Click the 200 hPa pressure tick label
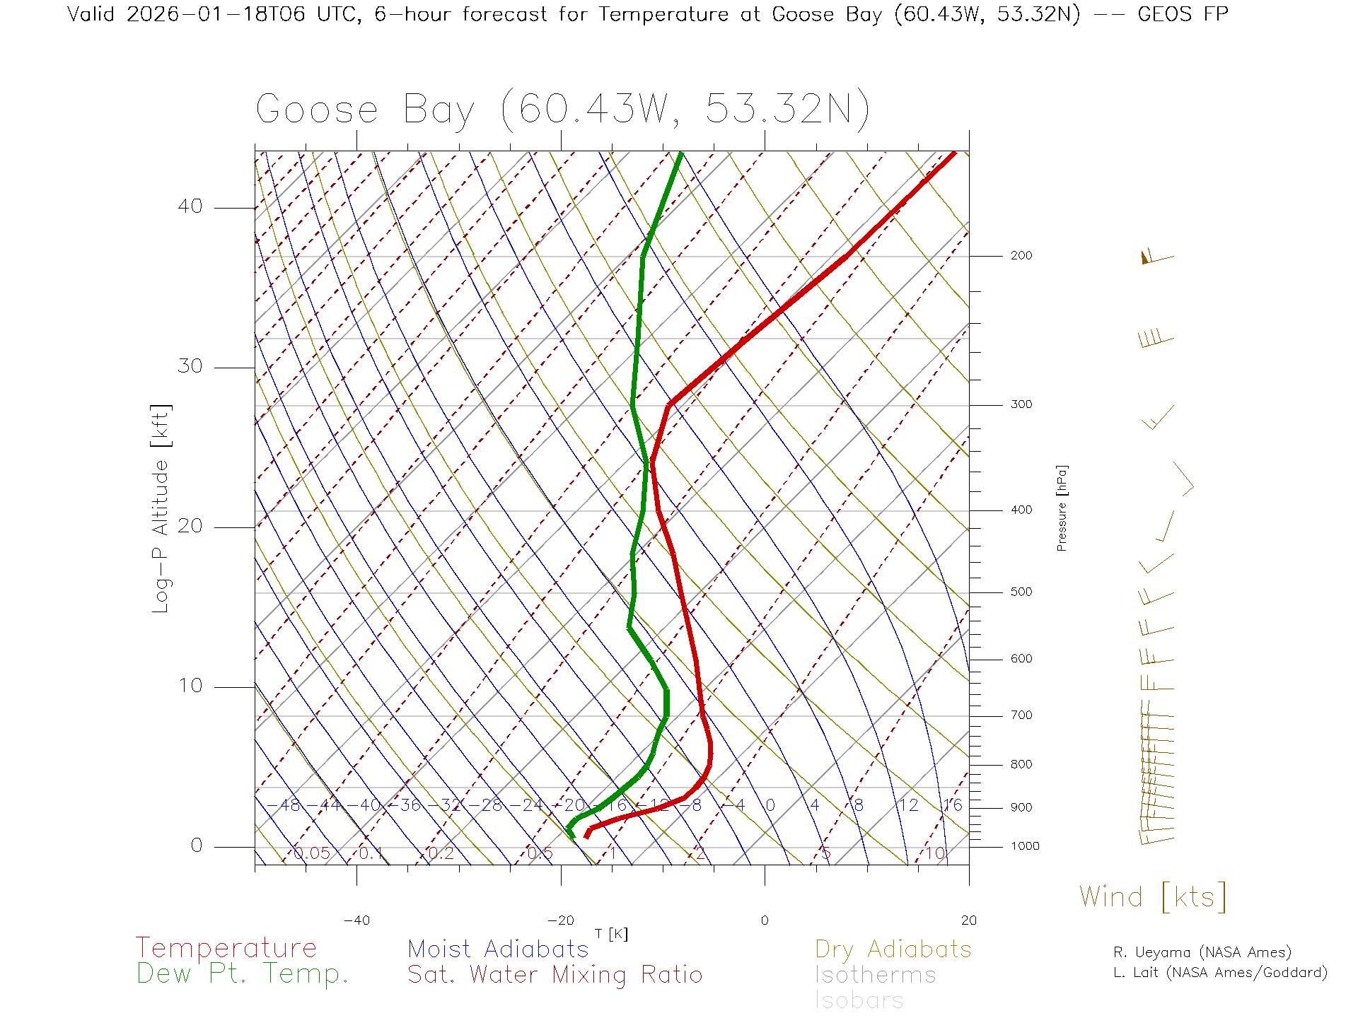(x=1021, y=256)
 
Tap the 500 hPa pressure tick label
(x=1021, y=592)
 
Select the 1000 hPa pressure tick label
(x=1024, y=846)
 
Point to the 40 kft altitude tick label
(x=190, y=206)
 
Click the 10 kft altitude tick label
(x=190, y=686)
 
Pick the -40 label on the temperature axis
(x=356, y=920)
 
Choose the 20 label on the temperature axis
(x=968, y=920)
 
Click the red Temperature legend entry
(x=226, y=948)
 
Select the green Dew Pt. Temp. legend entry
(x=243, y=974)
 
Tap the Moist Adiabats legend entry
(x=498, y=949)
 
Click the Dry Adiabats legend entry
(x=893, y=949)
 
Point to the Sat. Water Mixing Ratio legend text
(x=555, y=975)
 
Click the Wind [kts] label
(x=1153, y=897)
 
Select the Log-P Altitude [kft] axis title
(x=161, y=508)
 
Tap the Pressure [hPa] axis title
(x=1062, y=508)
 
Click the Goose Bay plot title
(x=562, y=110)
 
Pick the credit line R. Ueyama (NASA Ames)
(x=1202, y=952)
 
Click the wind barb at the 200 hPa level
(x=1156, y=257)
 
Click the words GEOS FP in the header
(x=1183, y=14)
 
